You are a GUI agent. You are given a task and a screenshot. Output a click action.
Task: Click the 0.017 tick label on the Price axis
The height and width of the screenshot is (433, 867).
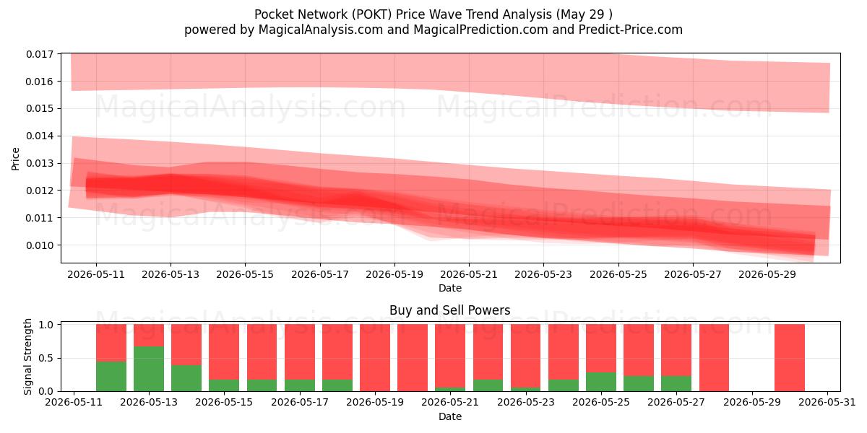40,54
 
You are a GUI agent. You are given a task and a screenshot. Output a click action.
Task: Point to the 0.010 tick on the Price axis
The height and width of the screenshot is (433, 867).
40,245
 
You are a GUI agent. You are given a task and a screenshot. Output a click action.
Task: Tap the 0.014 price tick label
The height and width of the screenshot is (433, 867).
40,136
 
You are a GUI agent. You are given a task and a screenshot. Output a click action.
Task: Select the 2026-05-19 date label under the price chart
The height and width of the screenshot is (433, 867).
394,274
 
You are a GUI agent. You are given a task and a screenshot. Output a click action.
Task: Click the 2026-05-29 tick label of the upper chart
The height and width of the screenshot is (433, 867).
767,274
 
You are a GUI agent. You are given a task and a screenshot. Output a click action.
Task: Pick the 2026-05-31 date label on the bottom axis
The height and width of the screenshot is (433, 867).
827,403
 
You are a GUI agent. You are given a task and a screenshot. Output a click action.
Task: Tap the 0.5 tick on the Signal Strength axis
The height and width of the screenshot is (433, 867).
46,359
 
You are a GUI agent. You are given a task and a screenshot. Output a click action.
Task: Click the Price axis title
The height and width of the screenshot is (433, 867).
15,159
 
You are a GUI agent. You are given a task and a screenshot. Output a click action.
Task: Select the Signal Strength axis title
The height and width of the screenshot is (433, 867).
27,357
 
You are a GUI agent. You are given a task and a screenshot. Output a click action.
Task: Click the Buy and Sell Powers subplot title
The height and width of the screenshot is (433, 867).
449,310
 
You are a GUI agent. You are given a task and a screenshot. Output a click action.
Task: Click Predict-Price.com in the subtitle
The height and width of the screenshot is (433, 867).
631,30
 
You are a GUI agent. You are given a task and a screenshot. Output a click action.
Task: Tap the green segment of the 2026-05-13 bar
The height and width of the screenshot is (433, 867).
149,369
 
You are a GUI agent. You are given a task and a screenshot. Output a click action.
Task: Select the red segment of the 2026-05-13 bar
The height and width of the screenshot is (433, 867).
149,335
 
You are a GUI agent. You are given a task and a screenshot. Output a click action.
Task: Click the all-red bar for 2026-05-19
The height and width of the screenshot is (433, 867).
375,358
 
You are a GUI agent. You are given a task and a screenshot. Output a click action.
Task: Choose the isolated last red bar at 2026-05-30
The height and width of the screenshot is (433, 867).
790,358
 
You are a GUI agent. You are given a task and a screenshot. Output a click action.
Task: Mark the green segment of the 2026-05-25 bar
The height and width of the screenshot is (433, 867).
600,382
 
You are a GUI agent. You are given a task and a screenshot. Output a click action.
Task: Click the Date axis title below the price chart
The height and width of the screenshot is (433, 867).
449,288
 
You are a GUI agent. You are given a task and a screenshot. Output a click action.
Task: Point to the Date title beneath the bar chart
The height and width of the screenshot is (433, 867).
449,416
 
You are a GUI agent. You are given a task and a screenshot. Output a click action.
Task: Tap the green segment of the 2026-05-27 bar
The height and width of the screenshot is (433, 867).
676,383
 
